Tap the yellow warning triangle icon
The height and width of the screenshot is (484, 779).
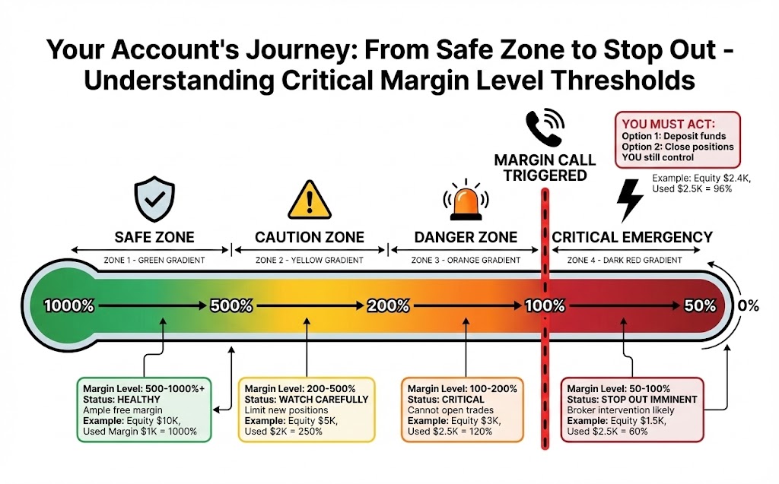pos(307,199)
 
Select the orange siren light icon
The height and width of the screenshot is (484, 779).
pos(464,201)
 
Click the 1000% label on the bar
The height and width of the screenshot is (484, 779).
pos(69,306)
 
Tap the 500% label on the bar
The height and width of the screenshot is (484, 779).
pos(231,306)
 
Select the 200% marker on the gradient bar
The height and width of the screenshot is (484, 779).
pos(388,306)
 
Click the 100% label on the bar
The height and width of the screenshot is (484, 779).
pos(545,306)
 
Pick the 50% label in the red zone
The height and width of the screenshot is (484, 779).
pos(700,306)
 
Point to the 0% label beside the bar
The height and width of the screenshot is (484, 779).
pos(749,306)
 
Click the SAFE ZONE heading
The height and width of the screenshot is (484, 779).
pos(154,237)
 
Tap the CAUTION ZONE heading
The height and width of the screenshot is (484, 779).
pos(310,237)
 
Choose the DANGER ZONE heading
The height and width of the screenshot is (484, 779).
pos(466,237)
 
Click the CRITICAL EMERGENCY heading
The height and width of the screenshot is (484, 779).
pos(632,237)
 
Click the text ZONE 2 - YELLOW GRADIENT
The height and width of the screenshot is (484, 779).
pos(310,260)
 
